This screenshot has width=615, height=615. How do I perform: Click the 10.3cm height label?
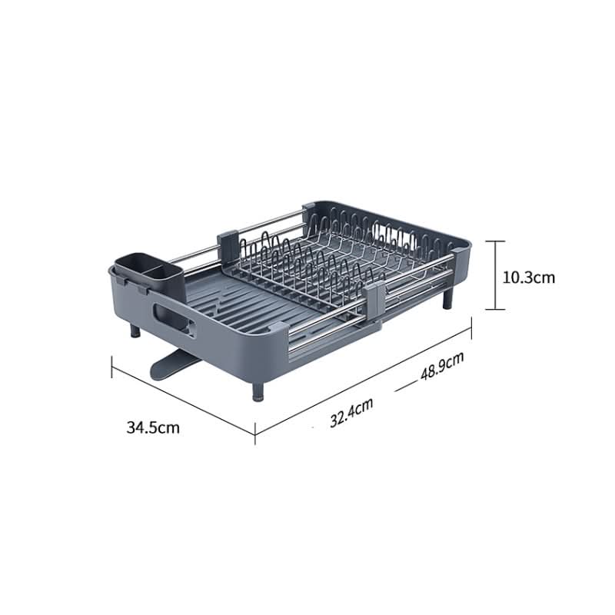(x=528, y=277)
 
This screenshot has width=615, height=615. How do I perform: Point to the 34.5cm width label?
(x=153, y=427)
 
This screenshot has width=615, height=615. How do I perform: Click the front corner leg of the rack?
(x=256, y=388)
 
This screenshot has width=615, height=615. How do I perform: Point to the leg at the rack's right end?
(x=447, y=298)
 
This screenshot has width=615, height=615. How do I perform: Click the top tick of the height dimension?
(x=496, y=241)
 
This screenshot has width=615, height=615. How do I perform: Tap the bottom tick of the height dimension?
(x=496, y=310)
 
